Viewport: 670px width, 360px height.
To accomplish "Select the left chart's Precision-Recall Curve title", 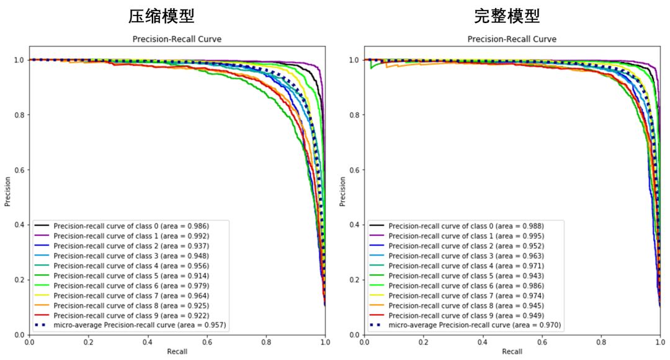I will [177, 39].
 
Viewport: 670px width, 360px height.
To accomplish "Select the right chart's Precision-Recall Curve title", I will [512, 39].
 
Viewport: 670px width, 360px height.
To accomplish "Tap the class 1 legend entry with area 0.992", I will [131, 236].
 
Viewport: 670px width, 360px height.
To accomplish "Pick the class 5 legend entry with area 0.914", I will [131, 276].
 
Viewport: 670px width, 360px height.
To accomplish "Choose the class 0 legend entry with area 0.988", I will [466, 226].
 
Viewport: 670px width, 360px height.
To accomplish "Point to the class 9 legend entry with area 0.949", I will [466, 315].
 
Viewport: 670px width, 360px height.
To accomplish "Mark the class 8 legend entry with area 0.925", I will [131, 305].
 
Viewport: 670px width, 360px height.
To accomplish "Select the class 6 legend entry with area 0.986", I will [466, 286].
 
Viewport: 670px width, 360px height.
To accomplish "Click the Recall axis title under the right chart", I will [512, 352].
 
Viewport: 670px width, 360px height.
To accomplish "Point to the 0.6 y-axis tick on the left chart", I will [19, 170].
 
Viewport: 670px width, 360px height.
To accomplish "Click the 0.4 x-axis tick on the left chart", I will [147, 342].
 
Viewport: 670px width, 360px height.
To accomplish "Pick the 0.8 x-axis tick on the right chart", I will [601, 342].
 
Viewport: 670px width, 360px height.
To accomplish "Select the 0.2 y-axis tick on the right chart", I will [354, 280].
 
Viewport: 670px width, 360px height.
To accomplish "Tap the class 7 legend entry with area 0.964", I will [131, 295].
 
